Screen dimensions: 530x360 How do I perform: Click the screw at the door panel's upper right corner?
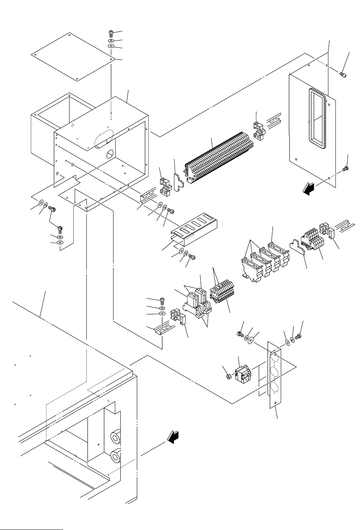point(343,75)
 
